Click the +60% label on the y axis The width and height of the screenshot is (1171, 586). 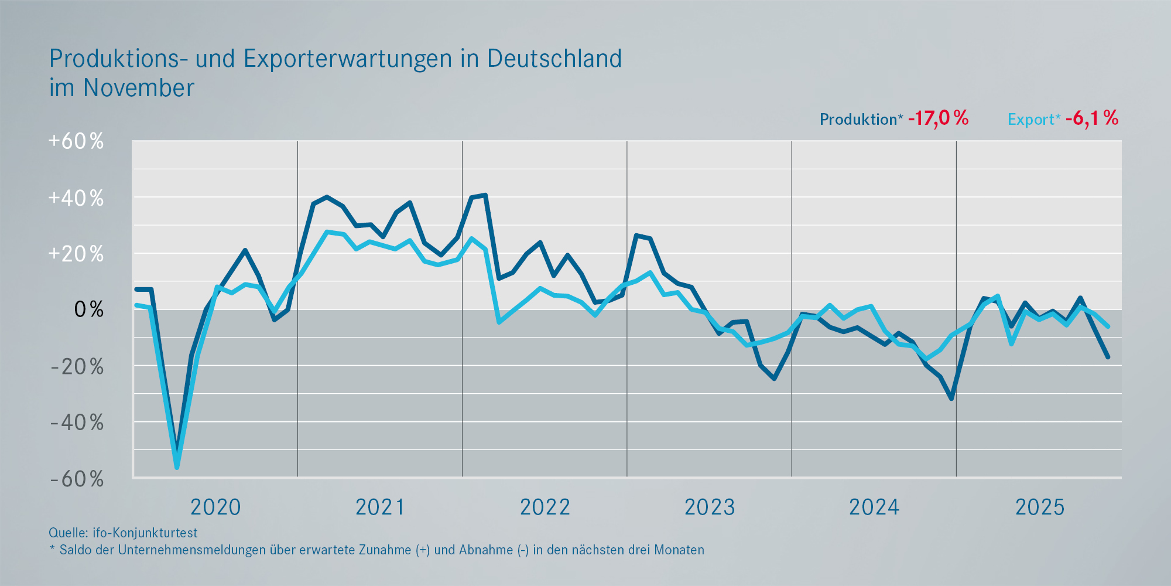[x=76, y=141]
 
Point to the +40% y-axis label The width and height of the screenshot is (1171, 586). [x=76, y=198]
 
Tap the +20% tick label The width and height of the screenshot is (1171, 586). [x=76, y=254]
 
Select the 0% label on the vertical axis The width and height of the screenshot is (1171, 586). [x=88, y=309]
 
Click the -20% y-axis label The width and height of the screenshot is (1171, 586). [x=77, y=367]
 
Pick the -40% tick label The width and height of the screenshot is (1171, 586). [x=77, y=423]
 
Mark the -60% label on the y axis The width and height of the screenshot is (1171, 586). [x=77, y=479]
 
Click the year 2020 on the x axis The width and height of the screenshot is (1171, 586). [x=215, y=507]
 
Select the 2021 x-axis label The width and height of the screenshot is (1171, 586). [x=380, y=507]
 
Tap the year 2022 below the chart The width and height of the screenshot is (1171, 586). [x=545, y=507]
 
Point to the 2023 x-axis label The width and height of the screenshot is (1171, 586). [x=710, y=507]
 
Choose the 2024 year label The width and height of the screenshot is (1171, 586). [x=874, y=507]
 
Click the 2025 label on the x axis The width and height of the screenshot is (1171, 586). [x=1040, y=507]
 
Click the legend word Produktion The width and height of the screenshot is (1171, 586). [x=858, y=120]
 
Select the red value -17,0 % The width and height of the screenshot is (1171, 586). [x=938, y=118]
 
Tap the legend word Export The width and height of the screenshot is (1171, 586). [x=1031, y=120]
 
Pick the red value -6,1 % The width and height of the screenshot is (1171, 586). [x=1092, y=118]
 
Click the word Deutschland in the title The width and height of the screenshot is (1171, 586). [x=554, y=59]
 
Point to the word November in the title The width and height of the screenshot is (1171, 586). [x=139, y=88]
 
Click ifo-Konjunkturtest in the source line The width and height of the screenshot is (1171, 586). [x=145, y=533]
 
